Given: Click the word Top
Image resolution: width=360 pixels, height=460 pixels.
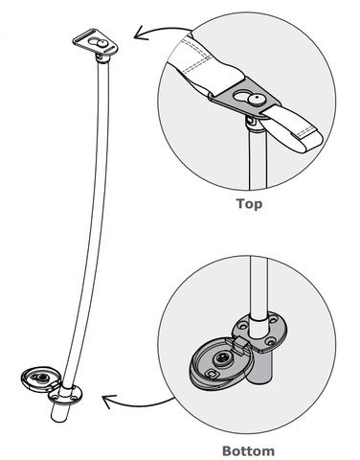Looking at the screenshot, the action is (x=249, y=204).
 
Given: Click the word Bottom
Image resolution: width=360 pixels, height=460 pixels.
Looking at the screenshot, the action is (x=248, y=451).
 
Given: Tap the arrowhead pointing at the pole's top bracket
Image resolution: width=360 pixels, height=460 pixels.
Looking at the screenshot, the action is (x=141, y=33).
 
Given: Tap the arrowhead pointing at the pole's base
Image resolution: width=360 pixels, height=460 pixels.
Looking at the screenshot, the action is (x=109, y=402).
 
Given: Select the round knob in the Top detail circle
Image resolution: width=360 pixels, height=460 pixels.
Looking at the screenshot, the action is (x=257, y=100).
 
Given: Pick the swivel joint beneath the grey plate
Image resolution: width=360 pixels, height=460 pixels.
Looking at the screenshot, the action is (x=252, y=124).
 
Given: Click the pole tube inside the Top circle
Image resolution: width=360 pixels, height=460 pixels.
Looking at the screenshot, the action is (x=258, y=160).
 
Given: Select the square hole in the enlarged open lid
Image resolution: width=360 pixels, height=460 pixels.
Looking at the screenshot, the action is (x=211, y=373).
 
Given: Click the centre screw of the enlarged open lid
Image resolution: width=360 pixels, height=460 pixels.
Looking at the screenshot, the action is (x=220, y=358).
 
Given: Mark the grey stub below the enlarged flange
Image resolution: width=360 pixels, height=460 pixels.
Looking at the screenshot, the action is (x=259, y=367).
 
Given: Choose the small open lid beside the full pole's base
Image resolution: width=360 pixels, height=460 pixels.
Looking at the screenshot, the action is (x=38, y=378).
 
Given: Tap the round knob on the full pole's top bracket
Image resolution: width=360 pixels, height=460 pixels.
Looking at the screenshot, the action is (x=102, y=43).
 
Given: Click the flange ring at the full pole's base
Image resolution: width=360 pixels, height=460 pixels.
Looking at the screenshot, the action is (x=65, y=395).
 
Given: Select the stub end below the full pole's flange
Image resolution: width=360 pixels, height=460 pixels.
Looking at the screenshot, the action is (x=60, y=413).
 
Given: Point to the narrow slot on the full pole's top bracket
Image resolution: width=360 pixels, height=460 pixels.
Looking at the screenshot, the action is (x=84, y=36).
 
